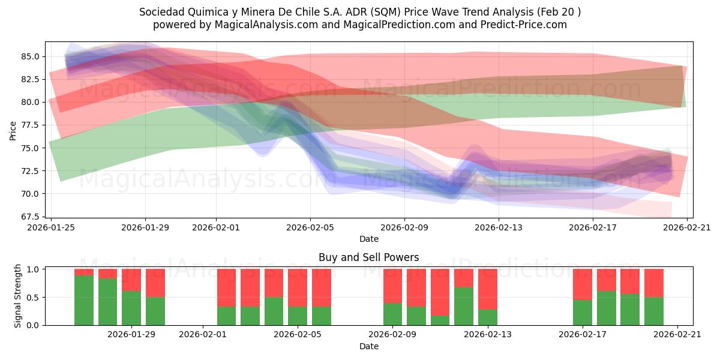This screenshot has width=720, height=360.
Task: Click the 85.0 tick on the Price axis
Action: click(x=31, y=56)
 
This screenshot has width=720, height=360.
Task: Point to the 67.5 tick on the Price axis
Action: click(x=31, y=217)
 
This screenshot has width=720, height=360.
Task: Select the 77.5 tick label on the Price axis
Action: click(x=31, y=125)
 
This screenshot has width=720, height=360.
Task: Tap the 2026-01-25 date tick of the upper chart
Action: click(x=51, y=227)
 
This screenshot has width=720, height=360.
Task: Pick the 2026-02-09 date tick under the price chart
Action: click(x=404, y=227)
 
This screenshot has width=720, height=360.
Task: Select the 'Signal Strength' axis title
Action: click(x=18, y=296)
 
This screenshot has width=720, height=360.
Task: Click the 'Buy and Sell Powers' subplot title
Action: click(x=368, y=257)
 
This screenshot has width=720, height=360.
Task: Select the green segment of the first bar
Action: click(x=84, y=300)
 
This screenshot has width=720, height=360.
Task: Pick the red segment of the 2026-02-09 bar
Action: click(x=393, y=286)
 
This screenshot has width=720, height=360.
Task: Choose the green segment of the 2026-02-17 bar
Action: click(x=583, y=312)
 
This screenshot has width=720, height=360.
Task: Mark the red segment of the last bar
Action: click(x=654, y=283)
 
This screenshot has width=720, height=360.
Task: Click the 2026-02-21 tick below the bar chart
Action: click(x=677, y=334)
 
